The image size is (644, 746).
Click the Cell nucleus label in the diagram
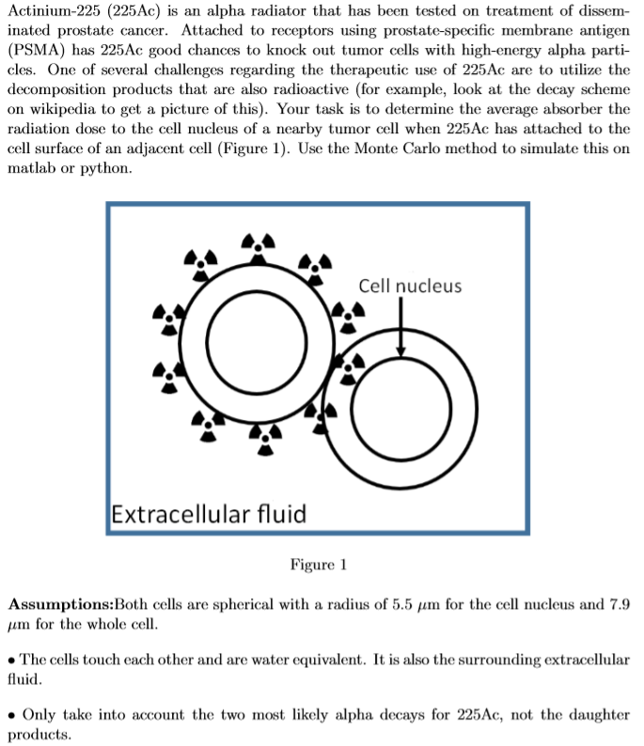pyautogui.click(x=410, y=286)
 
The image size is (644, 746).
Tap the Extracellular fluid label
pyautogui.click(x=208, y=514)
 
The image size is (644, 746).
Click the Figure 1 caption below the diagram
pyautogui.click(x=319, y=564)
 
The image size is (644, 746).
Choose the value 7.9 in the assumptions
pyautogui.click(x=617, y=602)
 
